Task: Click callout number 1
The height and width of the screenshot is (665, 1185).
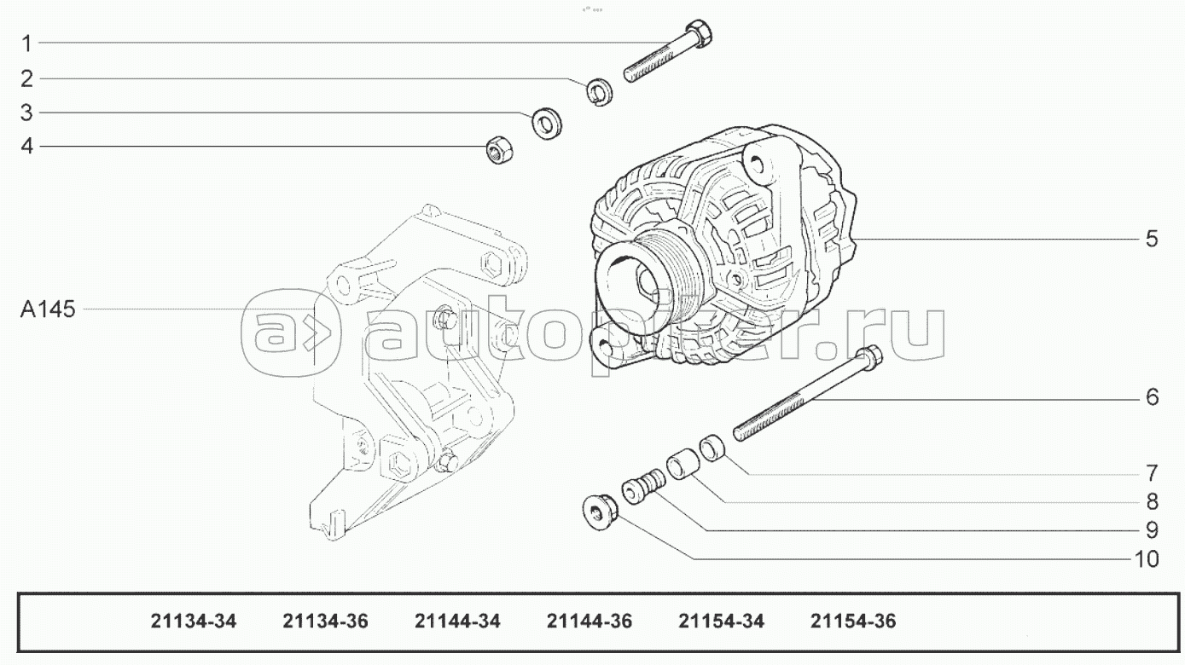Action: coord(27,43)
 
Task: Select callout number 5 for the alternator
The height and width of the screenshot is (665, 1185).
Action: coord(1152,239)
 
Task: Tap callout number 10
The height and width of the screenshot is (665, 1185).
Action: coord(1147,558)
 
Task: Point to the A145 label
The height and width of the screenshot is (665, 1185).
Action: coord(48,309)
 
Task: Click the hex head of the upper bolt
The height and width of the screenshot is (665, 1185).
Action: coord(699,32)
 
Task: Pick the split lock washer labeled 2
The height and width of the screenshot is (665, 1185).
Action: coord(600,91)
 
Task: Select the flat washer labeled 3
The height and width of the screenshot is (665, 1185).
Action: coord(547,124)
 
